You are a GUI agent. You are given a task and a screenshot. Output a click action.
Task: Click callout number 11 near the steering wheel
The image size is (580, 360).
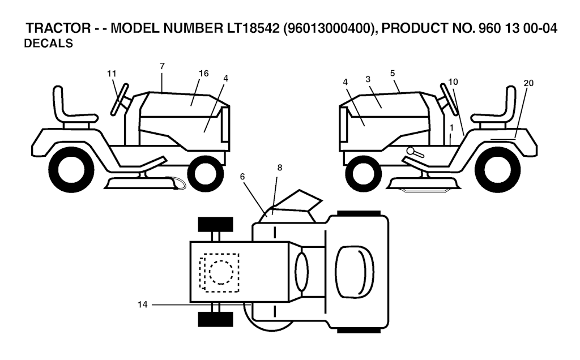pyautogui.click(x=112, y=74)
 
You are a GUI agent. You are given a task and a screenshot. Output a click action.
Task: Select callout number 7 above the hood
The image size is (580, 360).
pyautogui.click(x=162, y=66)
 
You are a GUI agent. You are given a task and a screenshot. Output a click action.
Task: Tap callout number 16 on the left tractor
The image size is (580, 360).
pyautogui.click(x=203, y=74)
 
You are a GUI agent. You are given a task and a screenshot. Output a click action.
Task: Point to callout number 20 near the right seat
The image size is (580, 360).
pyautogui.click(x=528, y=83)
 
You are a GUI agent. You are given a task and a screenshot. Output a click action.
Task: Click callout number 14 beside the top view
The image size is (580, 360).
pyautogui.click(x=142, y=305)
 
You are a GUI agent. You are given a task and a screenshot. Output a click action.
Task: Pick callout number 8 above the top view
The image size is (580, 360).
pyautogui.click(x=280, y=168)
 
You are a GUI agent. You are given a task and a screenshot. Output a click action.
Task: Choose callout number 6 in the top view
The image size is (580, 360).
pyautogui.click(x=242, y=177)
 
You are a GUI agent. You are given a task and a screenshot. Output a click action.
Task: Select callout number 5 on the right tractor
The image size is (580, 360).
pyautogui.click(x=393, y=73)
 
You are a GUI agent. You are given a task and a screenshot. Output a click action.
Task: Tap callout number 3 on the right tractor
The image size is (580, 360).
pyautogui.click(x=368, y=79)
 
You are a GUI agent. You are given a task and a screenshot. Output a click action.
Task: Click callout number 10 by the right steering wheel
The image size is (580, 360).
pyautogui.click(x=453, y=82)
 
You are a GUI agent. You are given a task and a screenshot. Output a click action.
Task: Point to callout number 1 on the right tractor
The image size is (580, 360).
pyautogui.click(x=451, y=127)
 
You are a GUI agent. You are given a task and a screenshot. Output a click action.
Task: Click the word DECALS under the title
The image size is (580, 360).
pyautogui.click(x=49, y=43)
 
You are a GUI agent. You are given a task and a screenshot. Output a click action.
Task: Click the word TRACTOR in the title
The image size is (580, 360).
pyautogui.click(x=58, y=28)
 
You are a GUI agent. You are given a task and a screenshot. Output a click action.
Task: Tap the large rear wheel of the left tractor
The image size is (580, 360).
pyautogui.click(x=71, y=170)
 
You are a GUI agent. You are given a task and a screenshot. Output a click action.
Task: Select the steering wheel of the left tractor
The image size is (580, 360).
pyautogui.click(x=120, y=100)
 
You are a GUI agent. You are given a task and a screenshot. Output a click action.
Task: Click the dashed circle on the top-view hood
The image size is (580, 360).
pyautogui.click(x=221, y=272)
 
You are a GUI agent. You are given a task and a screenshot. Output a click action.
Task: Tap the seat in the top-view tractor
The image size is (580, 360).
pyautogui.click(x=355, y=272)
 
